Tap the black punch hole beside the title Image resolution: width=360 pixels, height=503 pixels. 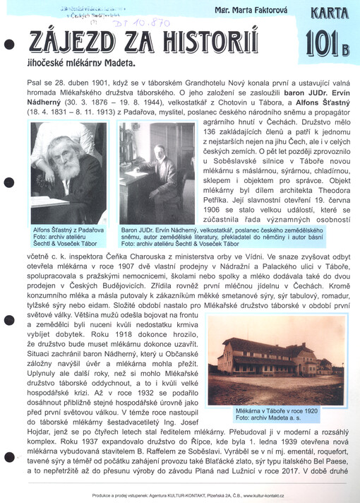tap(9, 45)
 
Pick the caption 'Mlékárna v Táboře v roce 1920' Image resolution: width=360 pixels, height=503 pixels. tap(277, 410)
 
